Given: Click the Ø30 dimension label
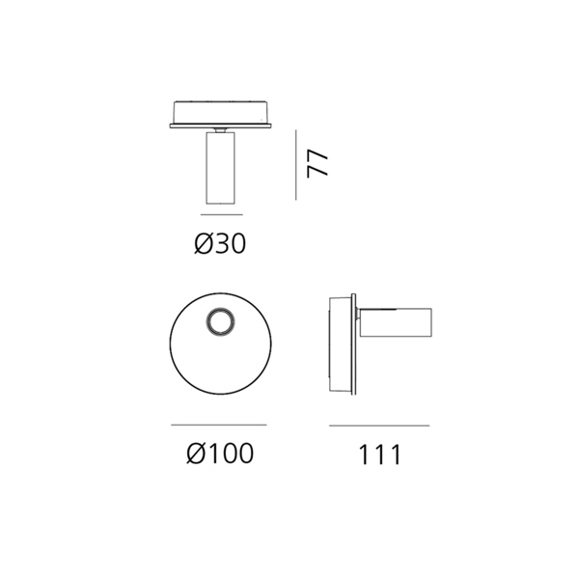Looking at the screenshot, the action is tap(220, 244).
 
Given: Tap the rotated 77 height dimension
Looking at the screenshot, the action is tap(317, 164).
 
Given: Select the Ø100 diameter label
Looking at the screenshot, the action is tap(220, 454).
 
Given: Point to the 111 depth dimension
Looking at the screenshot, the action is tap(379, 455).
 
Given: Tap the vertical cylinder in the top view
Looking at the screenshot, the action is tap(220, 168).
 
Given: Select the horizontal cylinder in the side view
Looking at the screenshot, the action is tap(396, 322).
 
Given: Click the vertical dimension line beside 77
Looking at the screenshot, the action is tap(296, 165).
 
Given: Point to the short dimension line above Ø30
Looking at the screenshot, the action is tap(222, 214).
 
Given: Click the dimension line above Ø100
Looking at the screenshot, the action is tap(219, 425).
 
